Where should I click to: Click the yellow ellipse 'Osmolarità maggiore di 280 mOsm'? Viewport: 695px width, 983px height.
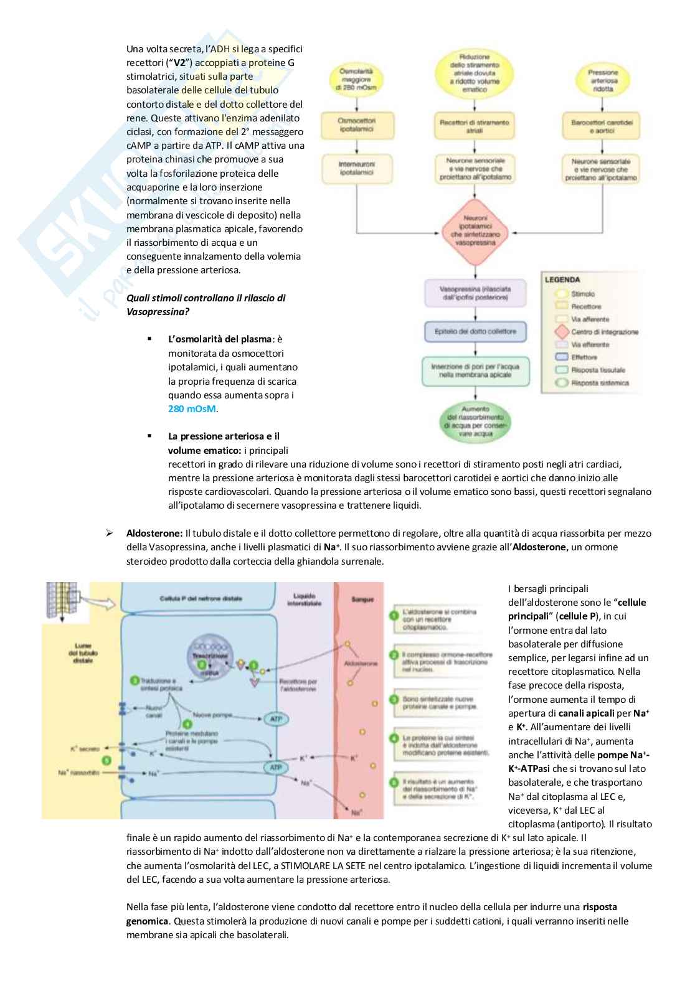click(x=356, y=80)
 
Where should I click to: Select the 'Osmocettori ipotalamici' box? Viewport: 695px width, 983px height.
click(x=356, y=125)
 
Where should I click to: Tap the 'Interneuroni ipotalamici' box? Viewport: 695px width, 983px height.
click(x=356, y=168)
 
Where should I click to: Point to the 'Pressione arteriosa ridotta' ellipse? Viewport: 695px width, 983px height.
click(x=602, y=80)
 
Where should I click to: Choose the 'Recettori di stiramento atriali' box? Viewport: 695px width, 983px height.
click(x=475, y=126)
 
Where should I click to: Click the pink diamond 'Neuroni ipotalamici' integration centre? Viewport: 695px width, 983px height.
click(x=475, y=231)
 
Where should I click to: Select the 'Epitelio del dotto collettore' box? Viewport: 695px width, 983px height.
click(x=475, y=331)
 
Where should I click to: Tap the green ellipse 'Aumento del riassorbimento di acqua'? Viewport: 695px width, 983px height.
click(x=475, y=421)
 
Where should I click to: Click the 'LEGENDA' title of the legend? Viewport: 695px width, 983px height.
click(x=562, y=280)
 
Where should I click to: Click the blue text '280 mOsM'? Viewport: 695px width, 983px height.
click(x=192, y=409)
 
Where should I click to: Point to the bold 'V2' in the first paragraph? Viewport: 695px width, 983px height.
click(x=180, y=63)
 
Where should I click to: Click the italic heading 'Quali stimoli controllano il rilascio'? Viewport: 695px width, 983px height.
click(x=206, y=298)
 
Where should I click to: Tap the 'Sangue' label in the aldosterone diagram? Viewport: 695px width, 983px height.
click(x=362, y=600)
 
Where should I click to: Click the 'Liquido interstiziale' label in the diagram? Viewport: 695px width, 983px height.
click(x=304, y=600)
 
